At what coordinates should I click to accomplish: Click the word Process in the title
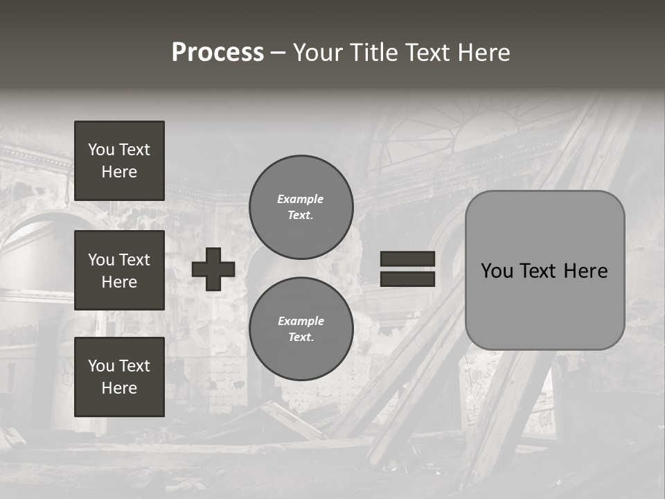tap(218, 53)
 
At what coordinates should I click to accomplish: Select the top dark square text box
tap(119, 161)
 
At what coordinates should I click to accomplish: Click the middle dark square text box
tap(119, 270)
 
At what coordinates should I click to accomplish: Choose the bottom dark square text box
tap(119, 377)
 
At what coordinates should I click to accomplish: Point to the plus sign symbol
tap(213, 269)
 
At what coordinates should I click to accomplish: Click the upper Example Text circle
tap(301, 207)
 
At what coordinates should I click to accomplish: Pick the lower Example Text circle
tap(301, 329)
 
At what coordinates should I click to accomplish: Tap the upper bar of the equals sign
tap(408, 259)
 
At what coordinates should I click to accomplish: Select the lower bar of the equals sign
tap(408, 279)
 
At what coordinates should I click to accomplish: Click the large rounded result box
tap(545, 270)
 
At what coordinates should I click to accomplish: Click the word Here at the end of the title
tap(483, 53)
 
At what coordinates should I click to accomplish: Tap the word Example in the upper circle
tap(301, 199)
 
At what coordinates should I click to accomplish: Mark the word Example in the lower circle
tap(301, 321)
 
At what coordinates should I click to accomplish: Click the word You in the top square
tap(100, 150)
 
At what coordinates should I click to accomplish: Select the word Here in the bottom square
tap(119, 388)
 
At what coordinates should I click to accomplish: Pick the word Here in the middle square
tap(119, 282)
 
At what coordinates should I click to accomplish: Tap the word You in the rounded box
tap(497, 270)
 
